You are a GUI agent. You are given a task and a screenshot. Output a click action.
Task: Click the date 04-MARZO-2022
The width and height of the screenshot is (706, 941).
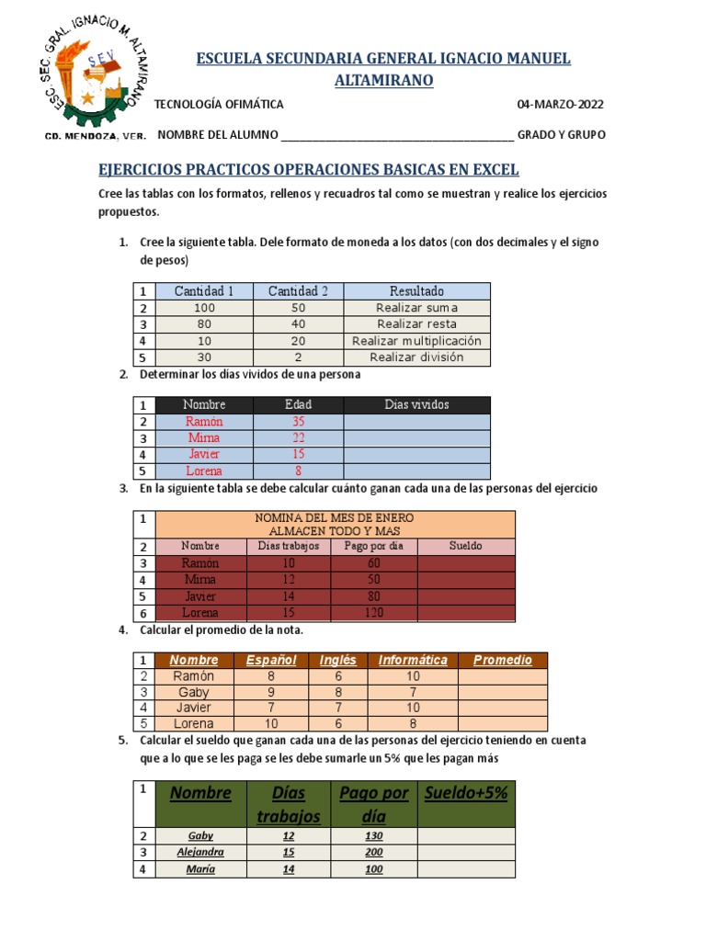(561, 104)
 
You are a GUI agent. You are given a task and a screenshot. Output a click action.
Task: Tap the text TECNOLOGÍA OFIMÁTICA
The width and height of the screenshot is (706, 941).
(219, 104)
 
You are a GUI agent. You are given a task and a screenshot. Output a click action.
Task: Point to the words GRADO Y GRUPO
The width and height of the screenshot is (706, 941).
(561, 135)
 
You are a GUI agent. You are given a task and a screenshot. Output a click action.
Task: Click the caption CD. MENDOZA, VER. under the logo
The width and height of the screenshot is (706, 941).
(95, 135)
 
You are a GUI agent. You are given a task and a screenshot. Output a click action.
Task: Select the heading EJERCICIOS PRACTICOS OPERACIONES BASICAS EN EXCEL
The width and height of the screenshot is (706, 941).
(309, 170)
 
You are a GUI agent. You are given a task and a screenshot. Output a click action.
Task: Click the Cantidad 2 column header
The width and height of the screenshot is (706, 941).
(298, 291)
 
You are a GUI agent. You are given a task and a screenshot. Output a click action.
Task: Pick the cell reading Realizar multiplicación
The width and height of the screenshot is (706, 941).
(416, 341)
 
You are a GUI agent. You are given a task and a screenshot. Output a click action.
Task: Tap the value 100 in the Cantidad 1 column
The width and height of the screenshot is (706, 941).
(204, 308)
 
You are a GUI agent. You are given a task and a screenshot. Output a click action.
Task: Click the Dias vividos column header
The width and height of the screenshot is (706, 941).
(416, 404)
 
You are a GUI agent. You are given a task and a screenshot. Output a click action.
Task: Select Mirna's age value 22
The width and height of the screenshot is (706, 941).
(298, 437)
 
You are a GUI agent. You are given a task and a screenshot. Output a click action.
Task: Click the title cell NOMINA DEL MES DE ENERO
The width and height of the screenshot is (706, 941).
(335, 518)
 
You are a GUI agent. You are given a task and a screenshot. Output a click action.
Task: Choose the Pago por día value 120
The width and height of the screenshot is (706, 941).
(373, 612)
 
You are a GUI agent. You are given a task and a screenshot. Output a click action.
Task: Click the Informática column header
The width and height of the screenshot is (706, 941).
(412, 660)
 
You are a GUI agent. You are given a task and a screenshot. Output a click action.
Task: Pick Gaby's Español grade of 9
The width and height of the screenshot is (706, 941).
(269, 692)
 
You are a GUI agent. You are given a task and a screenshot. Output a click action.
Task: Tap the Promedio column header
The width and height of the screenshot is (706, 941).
(502, 660)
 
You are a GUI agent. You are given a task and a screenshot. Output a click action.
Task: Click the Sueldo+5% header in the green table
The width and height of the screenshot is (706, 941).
(466, 793)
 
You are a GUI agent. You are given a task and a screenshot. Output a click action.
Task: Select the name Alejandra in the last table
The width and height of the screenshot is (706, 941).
(200, 852)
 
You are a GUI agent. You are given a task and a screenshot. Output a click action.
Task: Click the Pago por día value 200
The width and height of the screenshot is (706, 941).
(373, 852)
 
